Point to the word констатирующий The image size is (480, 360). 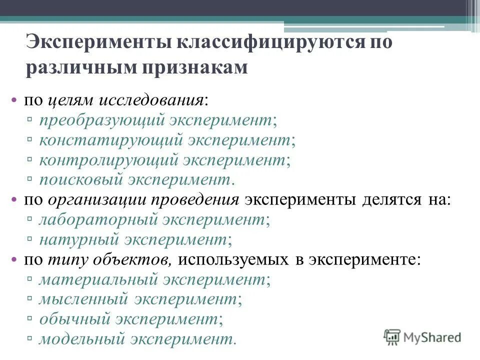coord(110,141)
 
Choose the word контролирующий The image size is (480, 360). coord(108,160)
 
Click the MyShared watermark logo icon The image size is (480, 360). coord(392,337)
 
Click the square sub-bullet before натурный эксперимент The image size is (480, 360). coord(30,240)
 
